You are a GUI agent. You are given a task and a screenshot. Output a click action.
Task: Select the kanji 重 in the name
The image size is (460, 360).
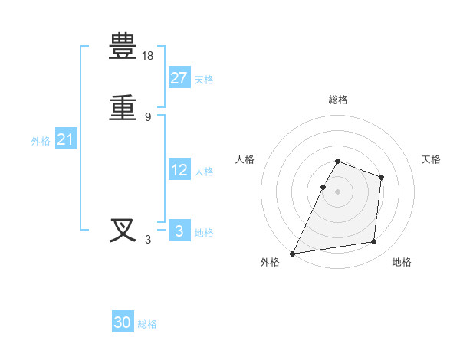pyautogui.click(x=123, y=107)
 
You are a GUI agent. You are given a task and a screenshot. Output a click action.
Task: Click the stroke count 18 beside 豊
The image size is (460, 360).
pyautogui.click(x=149, y=56)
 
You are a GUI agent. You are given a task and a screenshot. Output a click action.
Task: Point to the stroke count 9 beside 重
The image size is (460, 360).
pyautogui.click(x=148, y=117)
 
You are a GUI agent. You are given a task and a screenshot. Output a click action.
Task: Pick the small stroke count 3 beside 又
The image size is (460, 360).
pyautogui.click(x=148, y=240)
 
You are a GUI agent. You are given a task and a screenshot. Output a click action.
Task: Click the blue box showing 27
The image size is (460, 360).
pyautogui.click(x=179, y=77)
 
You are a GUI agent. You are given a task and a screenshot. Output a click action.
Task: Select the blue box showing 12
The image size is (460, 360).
pyautogui.click(x=179, y=170)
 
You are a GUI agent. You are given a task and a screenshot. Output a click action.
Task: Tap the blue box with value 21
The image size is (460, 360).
pyautogui.click(x=65, y=139)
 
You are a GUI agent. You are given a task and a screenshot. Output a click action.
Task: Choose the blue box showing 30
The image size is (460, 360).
pyautogui.click(x=123, y=322)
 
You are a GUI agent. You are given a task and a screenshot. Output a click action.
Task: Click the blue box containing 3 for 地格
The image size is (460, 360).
pyautogui.click(x=179, y=231)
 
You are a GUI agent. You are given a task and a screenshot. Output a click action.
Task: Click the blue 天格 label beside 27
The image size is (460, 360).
pyautogui.click(x=204, y=80)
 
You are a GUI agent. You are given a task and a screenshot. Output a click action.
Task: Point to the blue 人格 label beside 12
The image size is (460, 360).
pyautogui.click(x=204, y=172)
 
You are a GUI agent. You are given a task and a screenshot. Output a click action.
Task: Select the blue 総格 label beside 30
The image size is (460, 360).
pyautogui.click(x=147, y=324)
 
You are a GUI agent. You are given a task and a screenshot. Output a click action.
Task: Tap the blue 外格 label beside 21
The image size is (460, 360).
pyautogui.click(x=41, y=141)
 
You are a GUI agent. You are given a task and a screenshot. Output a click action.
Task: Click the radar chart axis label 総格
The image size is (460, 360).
pyautogui.click(x=338, y=100)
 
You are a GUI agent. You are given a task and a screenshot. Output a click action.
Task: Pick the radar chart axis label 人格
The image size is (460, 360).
pyautogui.click(x=245, y=159)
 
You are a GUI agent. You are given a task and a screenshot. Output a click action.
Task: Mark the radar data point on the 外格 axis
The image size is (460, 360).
pyautogui.click(x=293, y=254)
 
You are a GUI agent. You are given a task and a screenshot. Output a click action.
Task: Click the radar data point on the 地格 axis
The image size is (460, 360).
pyautogui.click(x=374, y=242)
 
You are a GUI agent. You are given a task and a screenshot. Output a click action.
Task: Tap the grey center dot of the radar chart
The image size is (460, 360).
pyautogui.click(x=338, y=191)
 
